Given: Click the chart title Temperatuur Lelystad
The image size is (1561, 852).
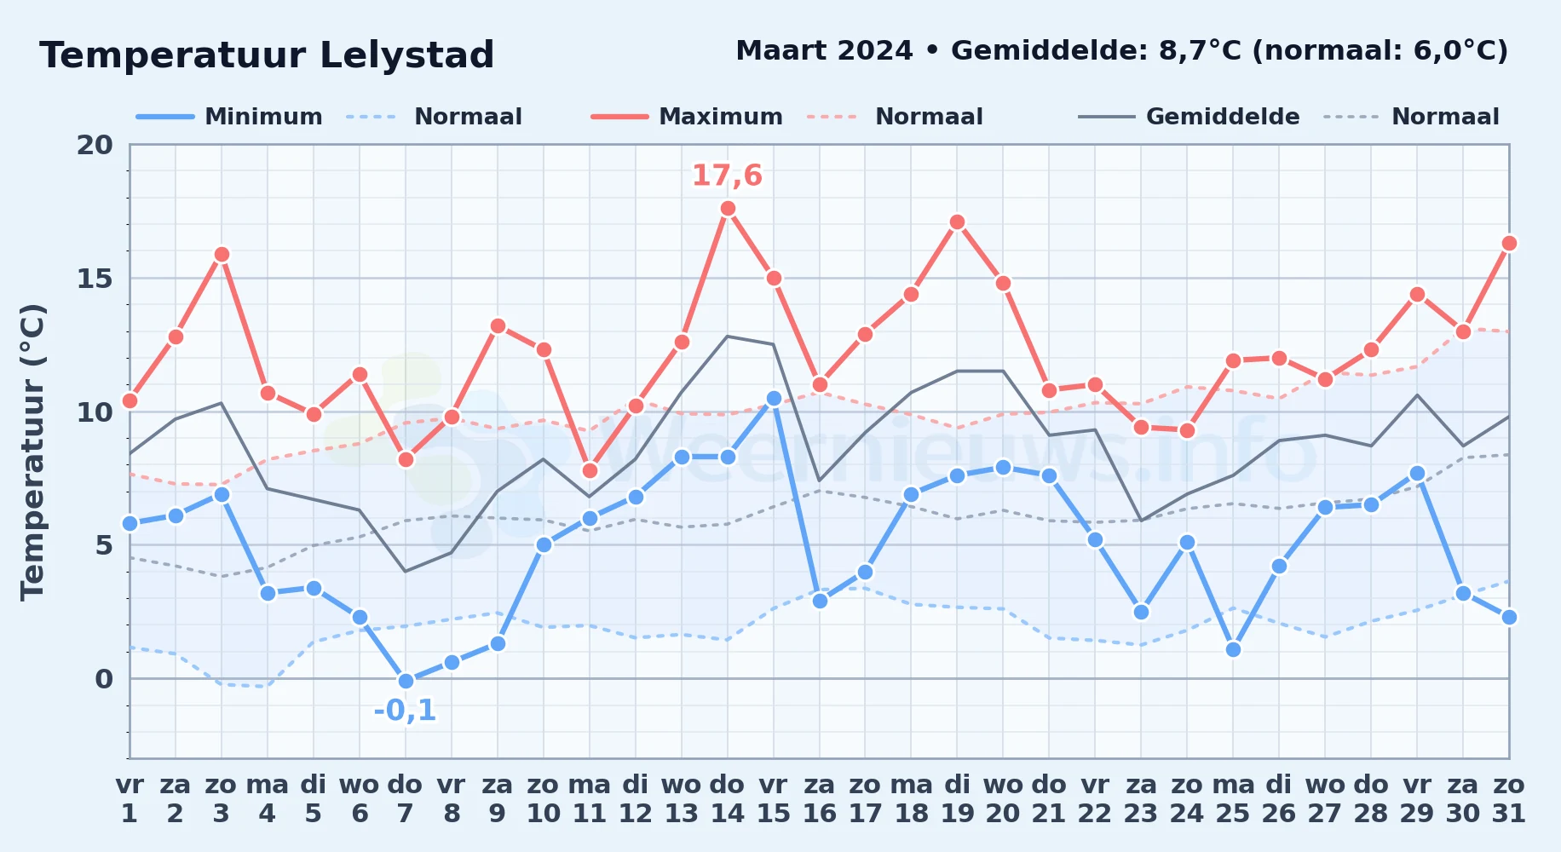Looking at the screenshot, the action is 267,55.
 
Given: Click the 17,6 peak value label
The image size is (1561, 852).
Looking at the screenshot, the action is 727,176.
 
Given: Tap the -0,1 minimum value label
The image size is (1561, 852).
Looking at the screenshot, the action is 405,710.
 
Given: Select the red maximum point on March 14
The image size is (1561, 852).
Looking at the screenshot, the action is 728,209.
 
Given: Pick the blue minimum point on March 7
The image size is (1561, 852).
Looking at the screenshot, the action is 406,681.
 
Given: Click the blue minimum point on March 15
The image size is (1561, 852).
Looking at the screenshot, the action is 774,398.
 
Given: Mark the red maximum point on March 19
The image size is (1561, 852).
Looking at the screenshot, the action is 957,222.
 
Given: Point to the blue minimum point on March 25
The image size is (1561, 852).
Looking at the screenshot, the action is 1233,649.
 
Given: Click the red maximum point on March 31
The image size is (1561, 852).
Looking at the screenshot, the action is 1509,244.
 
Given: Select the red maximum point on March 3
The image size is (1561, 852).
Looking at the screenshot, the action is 222,254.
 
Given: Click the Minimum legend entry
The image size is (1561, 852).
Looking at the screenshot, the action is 229,117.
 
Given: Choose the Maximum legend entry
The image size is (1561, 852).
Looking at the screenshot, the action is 687,117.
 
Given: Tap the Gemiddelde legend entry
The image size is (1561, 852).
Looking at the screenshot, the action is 1189,117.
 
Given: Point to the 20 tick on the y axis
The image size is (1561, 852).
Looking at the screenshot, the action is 95,145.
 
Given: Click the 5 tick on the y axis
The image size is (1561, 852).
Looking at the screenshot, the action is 104,544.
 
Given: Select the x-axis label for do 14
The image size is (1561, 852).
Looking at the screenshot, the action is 728,799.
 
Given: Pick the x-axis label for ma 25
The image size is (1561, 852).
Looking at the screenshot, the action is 1233,799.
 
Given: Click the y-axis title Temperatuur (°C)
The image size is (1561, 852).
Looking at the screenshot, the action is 32,452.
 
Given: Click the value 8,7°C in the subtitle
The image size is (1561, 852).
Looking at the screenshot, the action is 1201,51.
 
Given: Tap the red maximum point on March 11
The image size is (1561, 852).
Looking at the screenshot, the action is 590,470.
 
